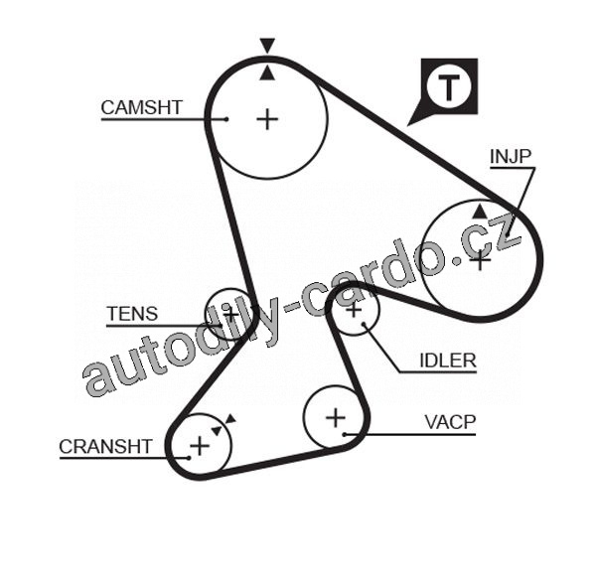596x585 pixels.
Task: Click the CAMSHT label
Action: [142, 107]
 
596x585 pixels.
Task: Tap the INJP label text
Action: [512, 157]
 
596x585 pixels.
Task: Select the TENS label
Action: [132, 314]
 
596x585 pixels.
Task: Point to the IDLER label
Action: [447, 361]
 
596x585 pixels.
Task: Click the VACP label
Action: [450, 422]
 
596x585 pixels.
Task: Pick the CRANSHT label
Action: [105, 446]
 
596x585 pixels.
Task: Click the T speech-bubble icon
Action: [450, 86]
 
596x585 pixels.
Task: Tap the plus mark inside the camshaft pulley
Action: [267, 119]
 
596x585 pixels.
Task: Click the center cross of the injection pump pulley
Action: [481, 260]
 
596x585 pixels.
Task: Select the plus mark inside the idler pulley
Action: [354, 312]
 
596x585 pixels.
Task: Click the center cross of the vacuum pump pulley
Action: [335, 416]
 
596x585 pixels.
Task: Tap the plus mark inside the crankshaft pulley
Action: [200, 444]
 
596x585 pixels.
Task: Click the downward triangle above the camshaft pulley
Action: [266, 45]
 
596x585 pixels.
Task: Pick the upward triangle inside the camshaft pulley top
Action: [266, 73]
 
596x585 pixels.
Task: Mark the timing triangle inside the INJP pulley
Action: [481, 212]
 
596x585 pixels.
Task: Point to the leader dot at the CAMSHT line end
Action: [226, 119]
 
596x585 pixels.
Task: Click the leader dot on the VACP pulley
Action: [344, 435]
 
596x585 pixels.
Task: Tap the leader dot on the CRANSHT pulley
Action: [188, 458]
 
